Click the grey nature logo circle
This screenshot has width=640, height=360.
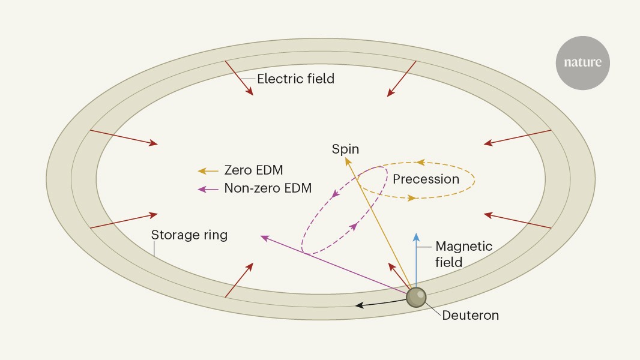(x=582, y=63)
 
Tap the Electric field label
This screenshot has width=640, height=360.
(x=295, y=79)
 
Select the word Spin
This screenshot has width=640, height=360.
(x=345, y=149)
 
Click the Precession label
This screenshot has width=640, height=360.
(x=426, y=179)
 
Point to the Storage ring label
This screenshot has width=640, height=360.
(x=189, y=235)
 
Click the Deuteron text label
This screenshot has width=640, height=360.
(x=470, y=315)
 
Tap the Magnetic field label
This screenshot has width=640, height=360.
(x=463, y=254)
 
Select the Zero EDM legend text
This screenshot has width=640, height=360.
(x=253, y=170)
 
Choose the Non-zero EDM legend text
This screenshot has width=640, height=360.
(x=268, y=188)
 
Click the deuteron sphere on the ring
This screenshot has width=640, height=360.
(x=416, y=297)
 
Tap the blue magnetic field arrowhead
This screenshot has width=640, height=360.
(x=416, y=237)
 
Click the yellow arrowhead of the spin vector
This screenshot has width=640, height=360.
(x=348, y=161)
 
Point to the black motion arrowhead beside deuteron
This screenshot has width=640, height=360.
(x=359, y=305)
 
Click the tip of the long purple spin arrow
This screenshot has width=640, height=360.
(x=261, y=236)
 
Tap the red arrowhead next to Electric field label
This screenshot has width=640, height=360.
(x=249, y=91)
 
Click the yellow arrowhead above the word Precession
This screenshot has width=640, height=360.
(x=420, y=163)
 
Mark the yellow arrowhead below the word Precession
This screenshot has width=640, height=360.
(x=412, y=198)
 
